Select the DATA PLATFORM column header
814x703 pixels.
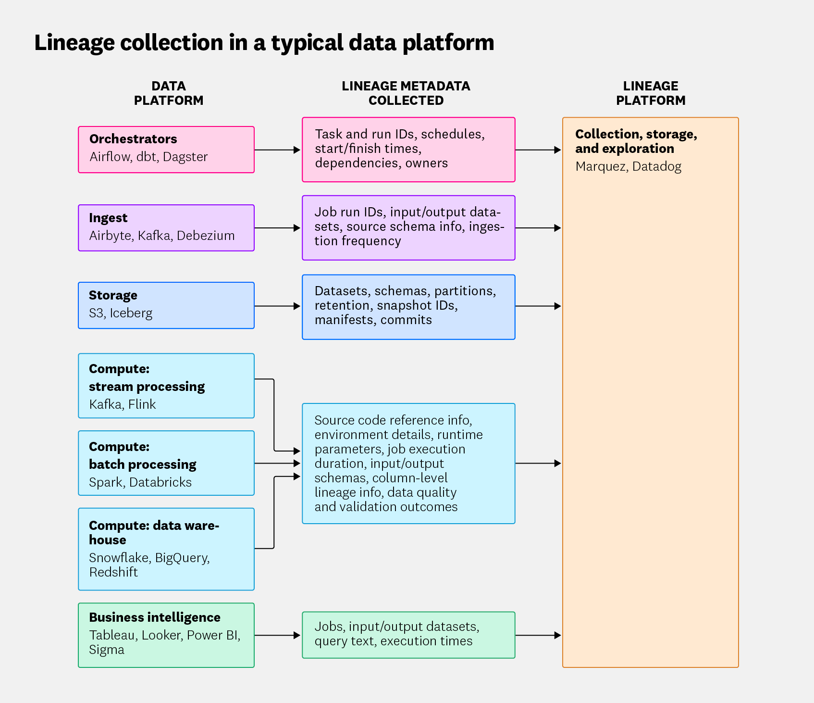pyautogui.click(x=168, y=93)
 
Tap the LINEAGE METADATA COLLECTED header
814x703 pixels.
pyautogui.click(x=406, y=93)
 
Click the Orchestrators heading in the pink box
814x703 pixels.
pyautogui.click(x=133, y=139)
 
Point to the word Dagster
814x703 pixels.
pyautogui.click(x=185, y=157)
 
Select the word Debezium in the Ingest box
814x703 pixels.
pyautogui.click(x=206, y=236)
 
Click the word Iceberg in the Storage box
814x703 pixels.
pyautogui.click(x=131, y=313)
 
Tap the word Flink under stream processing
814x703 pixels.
pyautogui.click(x=142, y=404)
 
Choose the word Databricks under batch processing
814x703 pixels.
pyautogui.click(x=160, y=482)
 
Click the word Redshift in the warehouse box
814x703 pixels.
pyautogui.click(x=113, y=572)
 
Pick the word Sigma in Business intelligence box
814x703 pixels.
pyautogui.click(x=107, y=650)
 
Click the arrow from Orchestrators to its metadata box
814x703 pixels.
pyautogui.click(x=277, y=150)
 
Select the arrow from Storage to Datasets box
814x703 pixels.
pyautogui.click(x=277, y=306)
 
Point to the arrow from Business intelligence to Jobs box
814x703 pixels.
pyautogui.click(x=277, y=635)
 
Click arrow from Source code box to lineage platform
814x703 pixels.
pyautogui.click(x=538, y=464)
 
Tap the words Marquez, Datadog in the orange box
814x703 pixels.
pyautogui.click(x=628, y=167)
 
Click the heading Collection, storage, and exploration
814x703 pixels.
pyautogui.click(x=635, y=141)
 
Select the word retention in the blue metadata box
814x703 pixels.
pyautogui.click(x=343, y=306)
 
